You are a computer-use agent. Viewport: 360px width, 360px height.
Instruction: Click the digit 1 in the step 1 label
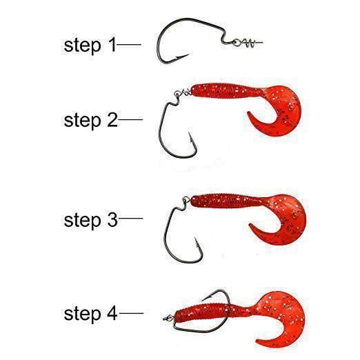112,45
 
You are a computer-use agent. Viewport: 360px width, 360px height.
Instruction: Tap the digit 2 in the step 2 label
112,120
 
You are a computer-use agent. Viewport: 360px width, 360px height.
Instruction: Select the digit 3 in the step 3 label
112,219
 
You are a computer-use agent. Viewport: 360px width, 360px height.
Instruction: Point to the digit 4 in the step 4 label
112,313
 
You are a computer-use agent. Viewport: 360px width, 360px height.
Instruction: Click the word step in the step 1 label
82,46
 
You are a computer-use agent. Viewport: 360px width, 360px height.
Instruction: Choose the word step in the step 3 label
82,221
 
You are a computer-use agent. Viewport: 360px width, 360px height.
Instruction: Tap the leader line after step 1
129,44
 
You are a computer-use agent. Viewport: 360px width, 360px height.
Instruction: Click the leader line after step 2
130,119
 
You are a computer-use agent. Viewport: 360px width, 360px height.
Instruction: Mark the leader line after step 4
131,313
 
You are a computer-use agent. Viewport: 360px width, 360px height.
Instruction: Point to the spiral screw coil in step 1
248,43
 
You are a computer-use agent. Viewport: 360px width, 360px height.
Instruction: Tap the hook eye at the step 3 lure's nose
186,199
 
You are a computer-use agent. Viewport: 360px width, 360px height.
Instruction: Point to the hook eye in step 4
168,318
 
